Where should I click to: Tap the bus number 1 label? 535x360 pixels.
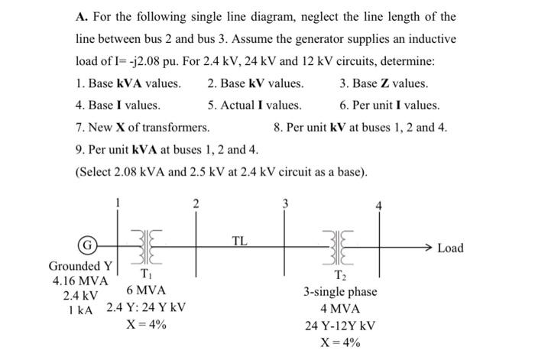(x=118, y=203)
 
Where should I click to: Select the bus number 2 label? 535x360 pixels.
(x=196, y=203)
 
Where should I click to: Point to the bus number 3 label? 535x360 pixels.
(x=286, y=203)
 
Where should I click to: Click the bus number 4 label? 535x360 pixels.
(x=376, y=209)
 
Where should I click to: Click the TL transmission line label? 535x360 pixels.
(x=240, y=242)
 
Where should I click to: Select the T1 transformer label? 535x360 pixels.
(x=144, y=274)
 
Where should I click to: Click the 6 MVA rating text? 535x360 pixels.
(x=146, y=291)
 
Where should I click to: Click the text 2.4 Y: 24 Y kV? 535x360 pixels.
(x=146, y=308)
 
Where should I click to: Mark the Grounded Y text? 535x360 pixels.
(x=81, y=266)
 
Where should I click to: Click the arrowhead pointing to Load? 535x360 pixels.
(x=430, y=248)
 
